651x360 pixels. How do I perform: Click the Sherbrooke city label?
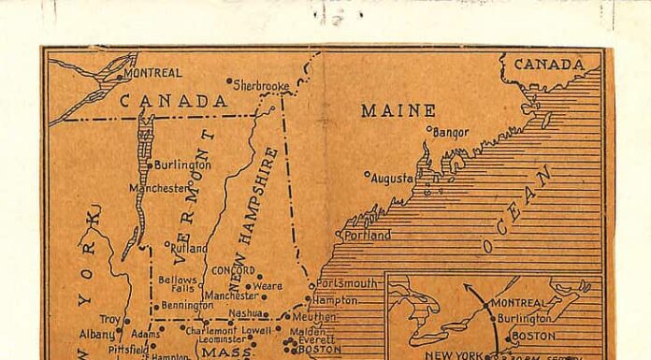coord(262,85)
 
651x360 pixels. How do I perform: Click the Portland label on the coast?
coord(368,236)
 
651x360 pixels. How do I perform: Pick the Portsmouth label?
coord(347,283)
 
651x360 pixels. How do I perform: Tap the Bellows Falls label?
coord(177,283)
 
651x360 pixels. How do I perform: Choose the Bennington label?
coord(187,305)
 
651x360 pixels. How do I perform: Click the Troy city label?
coord(110,320)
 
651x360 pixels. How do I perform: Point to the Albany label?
coord(96,334)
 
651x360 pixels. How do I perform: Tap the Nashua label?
coord(245,313)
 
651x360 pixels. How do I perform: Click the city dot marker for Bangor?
coord(428,129)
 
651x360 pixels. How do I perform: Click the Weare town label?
coord(268,285)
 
